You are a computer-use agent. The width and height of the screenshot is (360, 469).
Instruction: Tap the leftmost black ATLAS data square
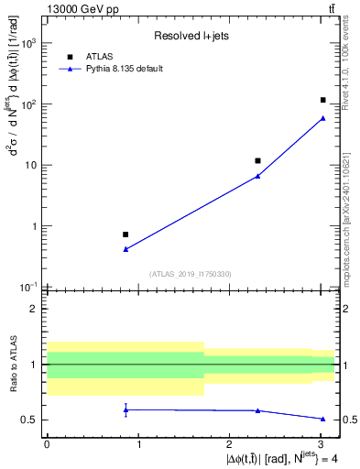[125, 234]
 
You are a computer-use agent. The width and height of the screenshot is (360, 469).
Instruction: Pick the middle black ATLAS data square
[258, 161]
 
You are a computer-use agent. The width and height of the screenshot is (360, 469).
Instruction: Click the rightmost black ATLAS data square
[323, 100]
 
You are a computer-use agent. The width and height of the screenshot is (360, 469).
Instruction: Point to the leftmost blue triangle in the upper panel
[125, 249]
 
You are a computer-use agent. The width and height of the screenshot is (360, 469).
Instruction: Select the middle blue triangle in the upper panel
[258, 176]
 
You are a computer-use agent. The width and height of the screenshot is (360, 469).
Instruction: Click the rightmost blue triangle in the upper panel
[323, 117]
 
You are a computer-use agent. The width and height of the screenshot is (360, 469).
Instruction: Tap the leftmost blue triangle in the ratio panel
[125, 409]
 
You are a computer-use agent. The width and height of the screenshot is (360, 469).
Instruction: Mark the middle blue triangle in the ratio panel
[258, 410]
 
